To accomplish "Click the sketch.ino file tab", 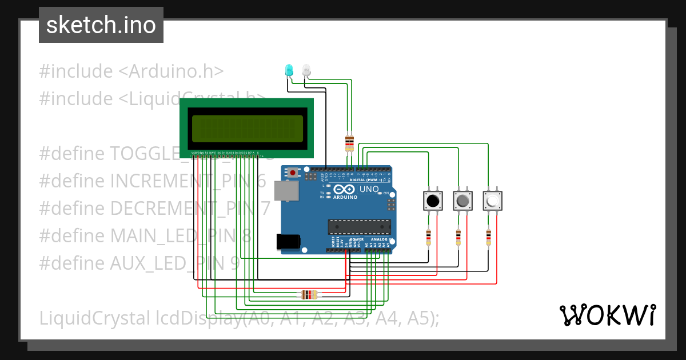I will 101,25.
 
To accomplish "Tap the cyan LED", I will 289,70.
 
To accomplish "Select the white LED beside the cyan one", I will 306,70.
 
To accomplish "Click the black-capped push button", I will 433,201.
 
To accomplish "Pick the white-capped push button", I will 493,201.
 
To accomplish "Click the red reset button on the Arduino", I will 293,171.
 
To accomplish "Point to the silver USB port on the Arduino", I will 285,191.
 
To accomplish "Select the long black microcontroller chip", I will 358,227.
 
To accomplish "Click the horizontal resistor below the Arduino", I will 309,295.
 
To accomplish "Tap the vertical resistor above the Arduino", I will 349,143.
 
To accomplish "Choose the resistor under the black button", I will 429,237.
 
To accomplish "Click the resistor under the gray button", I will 458,237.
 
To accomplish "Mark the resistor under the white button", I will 488,237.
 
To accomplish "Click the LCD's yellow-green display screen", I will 247,129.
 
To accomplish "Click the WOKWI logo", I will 607,315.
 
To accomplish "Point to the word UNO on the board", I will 369,189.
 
